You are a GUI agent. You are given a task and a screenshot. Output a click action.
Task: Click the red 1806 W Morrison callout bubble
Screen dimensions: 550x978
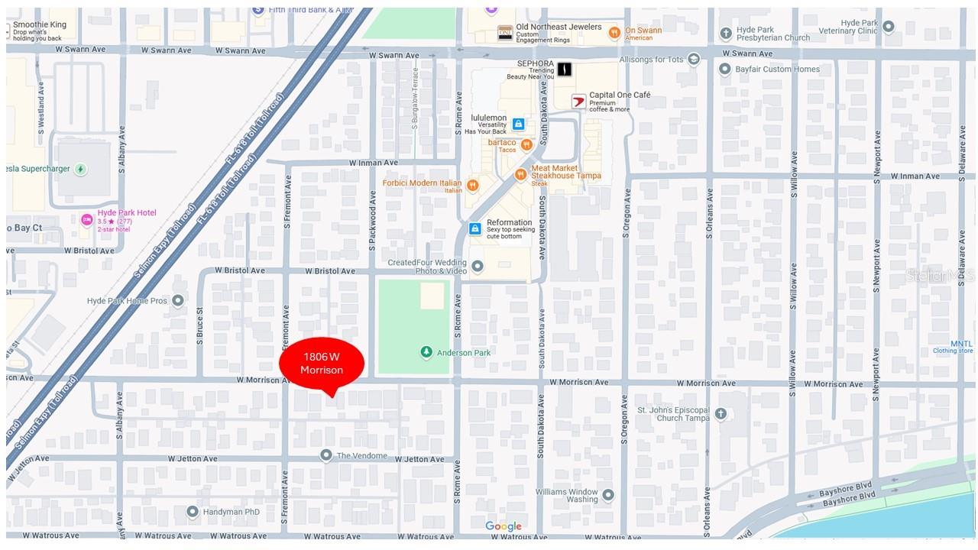(x=322, y=364)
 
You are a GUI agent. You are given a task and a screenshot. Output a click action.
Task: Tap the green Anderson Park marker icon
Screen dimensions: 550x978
(x=426, y=352)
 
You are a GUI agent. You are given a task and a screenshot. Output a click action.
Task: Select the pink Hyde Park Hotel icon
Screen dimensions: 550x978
(x=87, y=220)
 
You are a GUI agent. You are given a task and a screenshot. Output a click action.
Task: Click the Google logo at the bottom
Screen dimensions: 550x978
(x=503, y=526)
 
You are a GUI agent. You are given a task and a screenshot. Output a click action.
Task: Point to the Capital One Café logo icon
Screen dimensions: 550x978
(x=578, y=101)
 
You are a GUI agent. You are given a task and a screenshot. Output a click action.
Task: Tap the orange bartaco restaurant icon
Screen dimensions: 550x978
(x=526, y=145)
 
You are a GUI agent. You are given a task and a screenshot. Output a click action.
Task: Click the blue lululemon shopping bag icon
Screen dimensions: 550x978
(x=518, y=124)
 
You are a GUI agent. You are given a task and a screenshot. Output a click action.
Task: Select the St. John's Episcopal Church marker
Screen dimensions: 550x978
(x=720, y=413)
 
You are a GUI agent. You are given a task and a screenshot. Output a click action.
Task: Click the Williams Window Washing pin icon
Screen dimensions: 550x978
(x=608, y=495)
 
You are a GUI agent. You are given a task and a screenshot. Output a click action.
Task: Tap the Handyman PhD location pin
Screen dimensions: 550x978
(x=193, y=512)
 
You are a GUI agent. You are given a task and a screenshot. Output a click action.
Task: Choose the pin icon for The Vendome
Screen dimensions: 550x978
(x=326, y=455)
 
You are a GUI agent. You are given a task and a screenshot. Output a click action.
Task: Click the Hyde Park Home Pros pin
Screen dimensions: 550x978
(x=178, y=300)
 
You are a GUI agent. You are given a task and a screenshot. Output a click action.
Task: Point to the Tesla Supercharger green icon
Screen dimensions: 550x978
(x=80, y=169)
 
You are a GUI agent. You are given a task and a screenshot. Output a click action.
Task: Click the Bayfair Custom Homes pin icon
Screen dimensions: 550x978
(x=724, y=70)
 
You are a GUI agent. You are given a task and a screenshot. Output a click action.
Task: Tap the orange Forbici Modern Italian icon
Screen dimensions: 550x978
(x=472, y=185)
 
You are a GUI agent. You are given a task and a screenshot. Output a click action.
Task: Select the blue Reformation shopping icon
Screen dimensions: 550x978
(x=474, y=228)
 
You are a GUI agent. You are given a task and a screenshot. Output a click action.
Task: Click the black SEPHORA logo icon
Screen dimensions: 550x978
(x=564, y=70)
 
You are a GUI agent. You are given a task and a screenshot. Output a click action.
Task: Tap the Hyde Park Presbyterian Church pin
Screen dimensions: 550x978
(x=726, y=33)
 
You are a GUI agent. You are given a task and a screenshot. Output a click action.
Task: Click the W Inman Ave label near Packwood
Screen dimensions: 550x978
(x=374, y=163)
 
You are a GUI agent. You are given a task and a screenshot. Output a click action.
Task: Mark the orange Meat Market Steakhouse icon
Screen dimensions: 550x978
(x=521, y=175)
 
